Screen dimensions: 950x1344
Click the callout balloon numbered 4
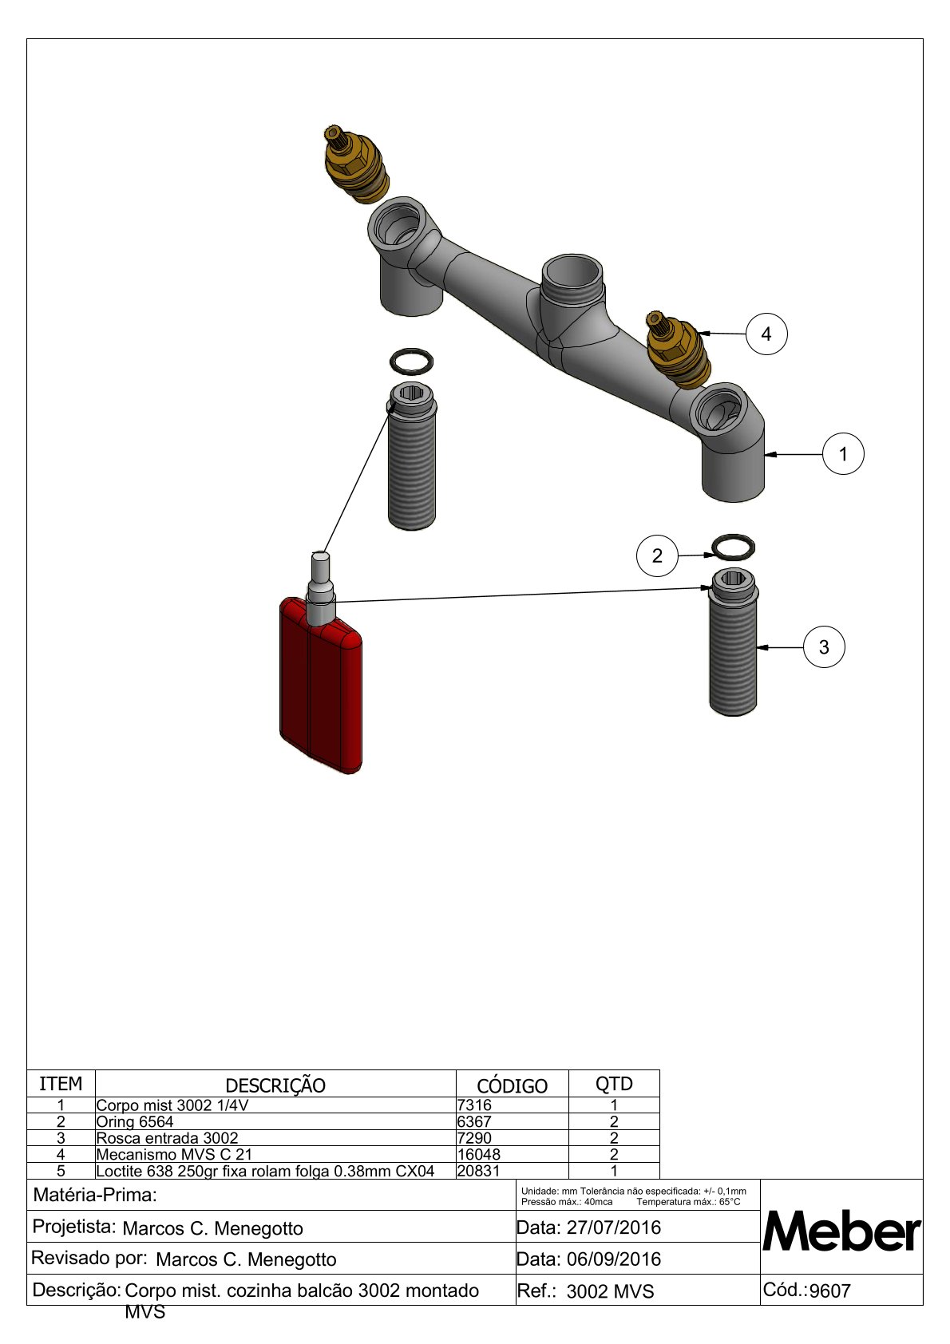tap(766, 334)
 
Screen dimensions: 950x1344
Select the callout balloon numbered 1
tap(842, 454)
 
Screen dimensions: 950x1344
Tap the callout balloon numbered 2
tap(657, 555)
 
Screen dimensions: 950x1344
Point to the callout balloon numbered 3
tap(824, 646)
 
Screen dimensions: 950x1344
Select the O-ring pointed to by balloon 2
tap(733, 547)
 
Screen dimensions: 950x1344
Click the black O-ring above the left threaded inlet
tap(412, 361)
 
